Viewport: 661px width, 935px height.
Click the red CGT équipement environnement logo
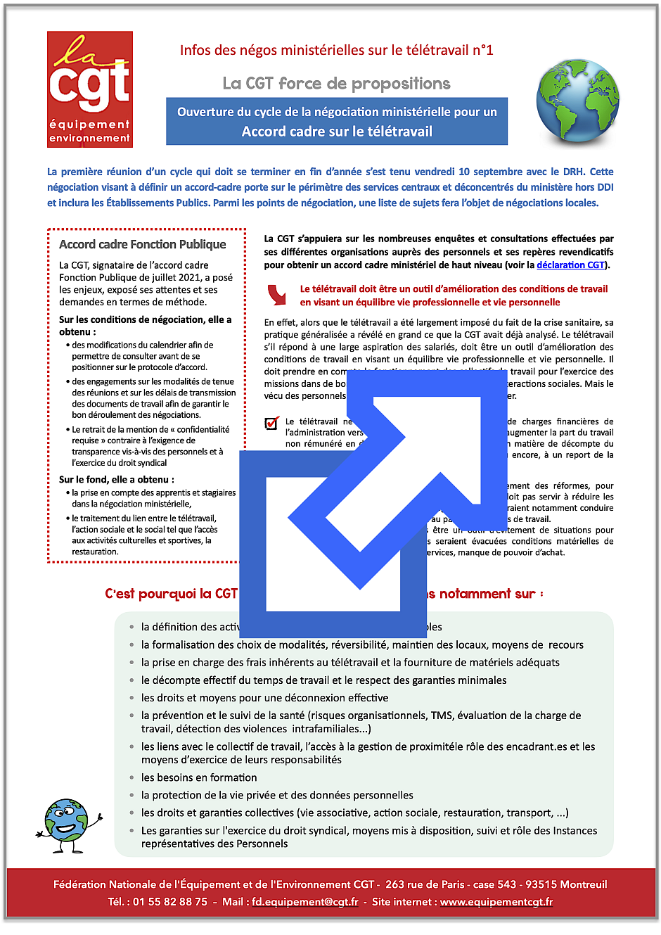click(90, 89)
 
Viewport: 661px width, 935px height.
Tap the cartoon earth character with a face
click(69, 820)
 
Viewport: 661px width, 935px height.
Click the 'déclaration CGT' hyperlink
click(570, 265)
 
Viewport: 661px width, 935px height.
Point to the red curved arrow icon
click(278, 294)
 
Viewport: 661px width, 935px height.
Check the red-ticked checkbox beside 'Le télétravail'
click(271, 422)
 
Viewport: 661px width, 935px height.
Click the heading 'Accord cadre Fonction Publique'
click(143, 244)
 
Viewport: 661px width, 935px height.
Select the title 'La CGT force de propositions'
click(336, 84)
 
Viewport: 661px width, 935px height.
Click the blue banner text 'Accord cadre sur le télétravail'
click(337, 132)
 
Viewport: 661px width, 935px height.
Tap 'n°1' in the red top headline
click(482, 50)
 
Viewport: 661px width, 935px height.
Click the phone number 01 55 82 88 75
click(170, 901)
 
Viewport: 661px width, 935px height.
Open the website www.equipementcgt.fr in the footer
click(496, 901)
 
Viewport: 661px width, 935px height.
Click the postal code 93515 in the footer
click(541, 884)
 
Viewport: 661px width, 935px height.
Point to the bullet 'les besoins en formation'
click(199, 777)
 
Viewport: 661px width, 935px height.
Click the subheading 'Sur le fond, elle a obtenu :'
click(117, 479)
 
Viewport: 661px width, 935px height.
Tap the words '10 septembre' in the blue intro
click(489, 172)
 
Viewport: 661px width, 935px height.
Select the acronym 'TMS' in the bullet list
click(442, 715)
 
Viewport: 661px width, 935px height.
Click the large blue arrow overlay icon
click(373, 492)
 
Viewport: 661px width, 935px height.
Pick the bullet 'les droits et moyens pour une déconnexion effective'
click(264, 698)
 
